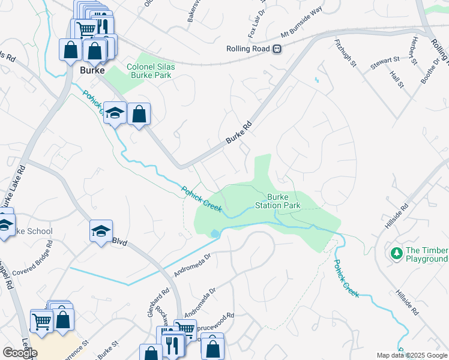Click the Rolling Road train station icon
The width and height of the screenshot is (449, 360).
point(277,49)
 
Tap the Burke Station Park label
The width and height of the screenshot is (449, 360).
point(283,201)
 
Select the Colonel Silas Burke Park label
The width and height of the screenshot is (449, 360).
point(150,71)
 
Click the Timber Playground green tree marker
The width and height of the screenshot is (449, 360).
point(396,254)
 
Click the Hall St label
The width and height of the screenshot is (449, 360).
point(396,79)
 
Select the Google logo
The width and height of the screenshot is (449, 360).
point(20,352)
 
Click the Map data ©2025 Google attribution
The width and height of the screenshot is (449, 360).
point(412,355)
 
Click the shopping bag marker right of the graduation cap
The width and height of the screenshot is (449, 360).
point(139,114)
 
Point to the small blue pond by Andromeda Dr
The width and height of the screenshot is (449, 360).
point(214,232)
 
